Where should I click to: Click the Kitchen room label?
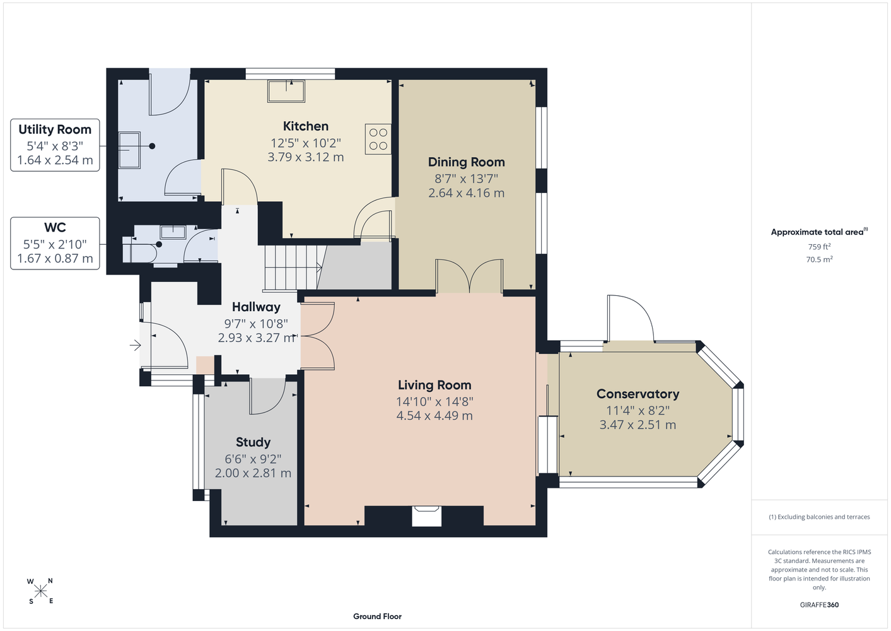(x=305, y=126)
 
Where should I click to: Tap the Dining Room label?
(x=466, y=162)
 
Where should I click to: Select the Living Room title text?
(x=434, y=385)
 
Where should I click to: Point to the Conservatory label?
(x=638, y=394)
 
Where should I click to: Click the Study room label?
(x=253, y=442)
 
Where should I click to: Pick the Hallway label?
(x=256, y=307)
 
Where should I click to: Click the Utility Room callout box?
(x=55, y=145)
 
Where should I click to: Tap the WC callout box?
(x=55, y=243)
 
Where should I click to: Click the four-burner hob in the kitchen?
(x=378, y=139)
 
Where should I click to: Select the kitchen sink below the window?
(x=286, y=91)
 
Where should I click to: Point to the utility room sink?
(x=130, y=150)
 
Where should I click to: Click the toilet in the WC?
(x=139, y=250)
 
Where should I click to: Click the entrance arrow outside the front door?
(x=135, y=345)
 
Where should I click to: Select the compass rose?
(x=40, y=591)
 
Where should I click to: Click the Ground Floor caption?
(x=377, y=616)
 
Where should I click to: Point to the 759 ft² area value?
(x=819, y=247)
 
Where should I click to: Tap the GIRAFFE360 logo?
(x=819, y=604)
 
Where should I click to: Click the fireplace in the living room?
(x=426, y=516)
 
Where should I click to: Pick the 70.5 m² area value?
(x=819, y=259)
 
